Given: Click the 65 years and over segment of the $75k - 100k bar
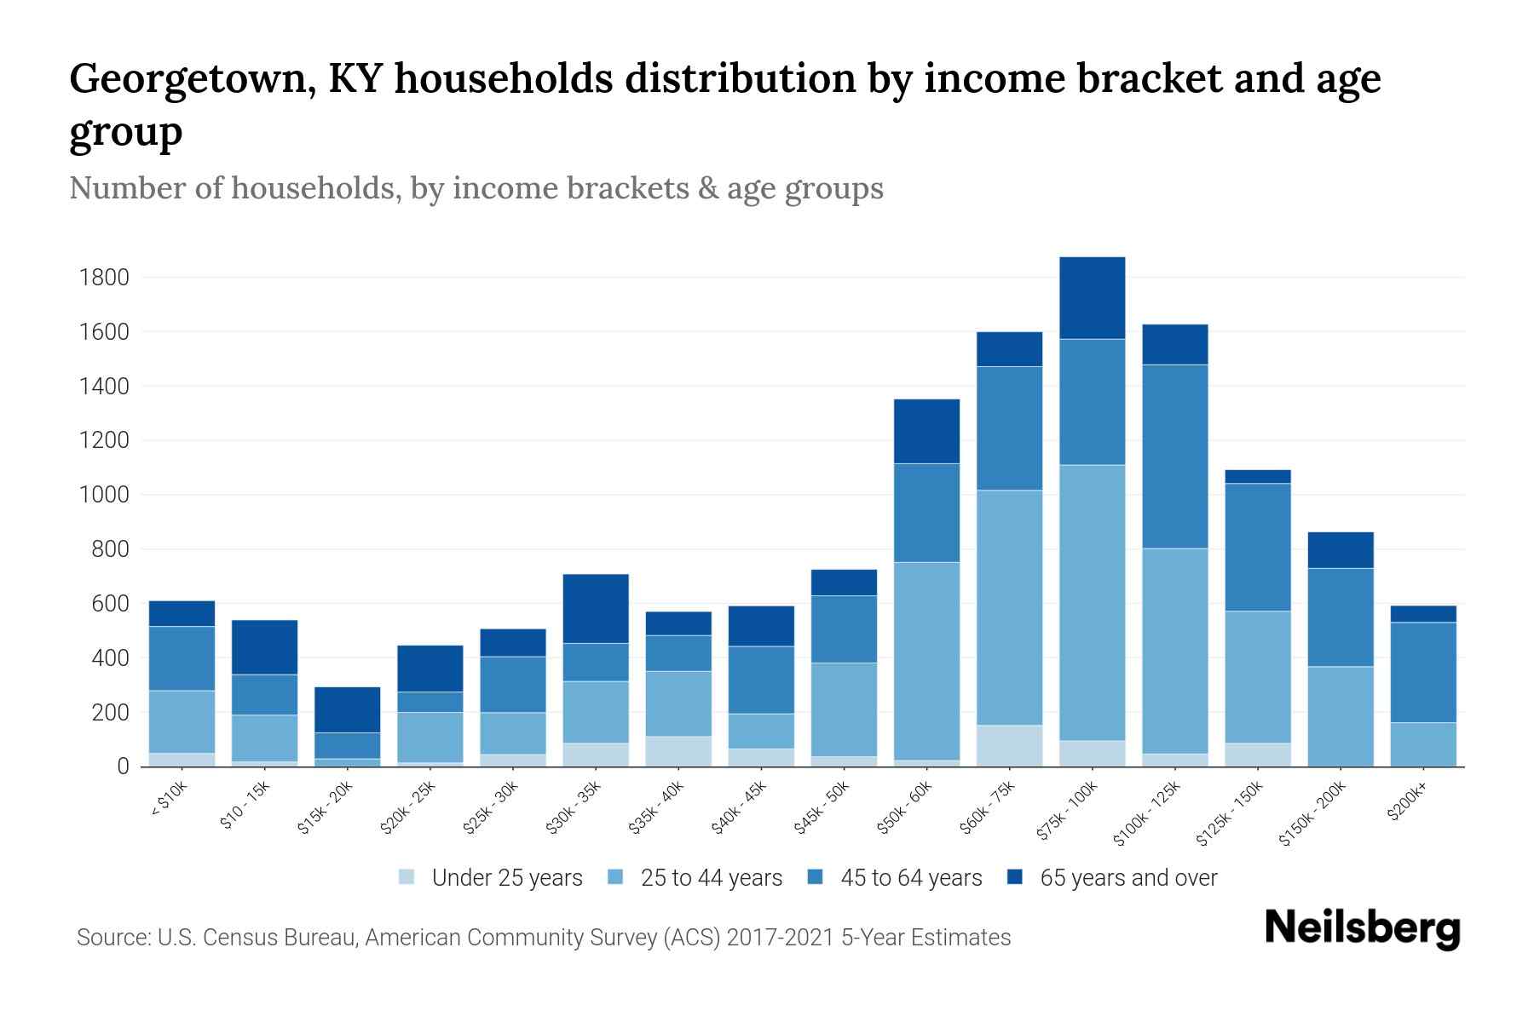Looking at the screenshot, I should coord(1092,298).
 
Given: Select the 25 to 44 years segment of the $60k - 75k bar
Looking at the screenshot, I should coord(1009,607).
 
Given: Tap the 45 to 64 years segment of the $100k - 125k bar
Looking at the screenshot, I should coord(1174,456).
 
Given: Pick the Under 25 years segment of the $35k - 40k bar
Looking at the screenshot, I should coord(678,751).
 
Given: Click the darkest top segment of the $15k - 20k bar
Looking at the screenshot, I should coord(347,709).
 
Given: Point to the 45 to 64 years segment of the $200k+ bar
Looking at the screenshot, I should coord(1422,672).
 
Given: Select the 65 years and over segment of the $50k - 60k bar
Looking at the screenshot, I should coord(926,431).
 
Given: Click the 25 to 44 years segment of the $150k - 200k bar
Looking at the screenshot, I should coord(1340,716).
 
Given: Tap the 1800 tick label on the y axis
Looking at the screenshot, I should coord(104,278).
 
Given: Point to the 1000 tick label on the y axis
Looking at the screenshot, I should coord(104,495).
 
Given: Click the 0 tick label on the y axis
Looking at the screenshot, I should coord(123,766).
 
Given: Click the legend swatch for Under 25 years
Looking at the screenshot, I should coord(407,877).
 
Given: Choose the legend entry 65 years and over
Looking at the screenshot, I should coord(1127,877).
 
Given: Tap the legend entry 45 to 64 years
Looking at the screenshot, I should coord(910,877).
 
